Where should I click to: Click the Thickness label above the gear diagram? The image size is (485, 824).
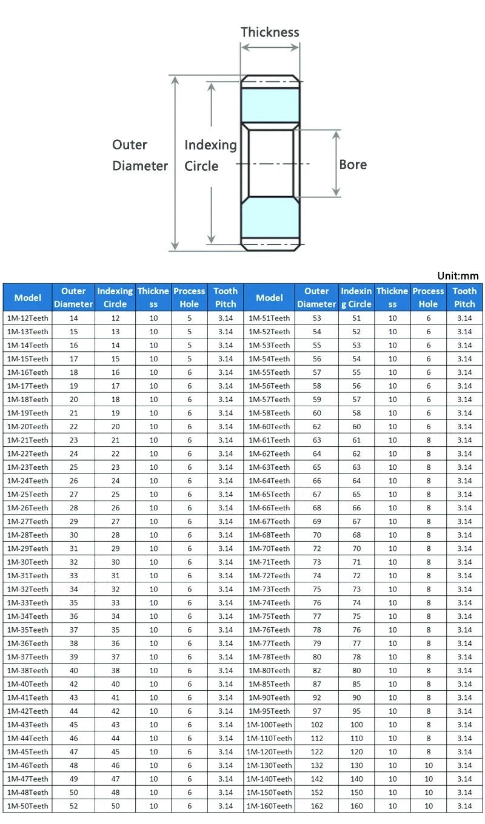tap(270, 32)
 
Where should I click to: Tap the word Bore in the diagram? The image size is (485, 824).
tap(353, 165)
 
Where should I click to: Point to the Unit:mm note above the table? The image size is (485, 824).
tap(458, 275)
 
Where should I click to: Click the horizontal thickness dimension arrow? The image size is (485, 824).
tap(270, 47)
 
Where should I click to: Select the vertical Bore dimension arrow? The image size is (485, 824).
tap(336, 163)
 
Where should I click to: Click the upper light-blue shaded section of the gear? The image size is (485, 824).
tap(270, 105)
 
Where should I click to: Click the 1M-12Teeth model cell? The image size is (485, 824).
tap(28, 318)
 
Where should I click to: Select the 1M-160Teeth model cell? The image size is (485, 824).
tap(269, 806)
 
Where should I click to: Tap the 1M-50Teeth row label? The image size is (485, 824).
tap(28, 806)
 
